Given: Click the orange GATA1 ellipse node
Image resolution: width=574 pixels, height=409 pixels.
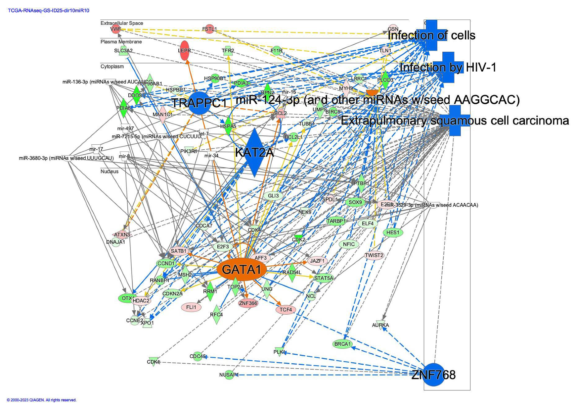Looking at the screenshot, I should (241, 270).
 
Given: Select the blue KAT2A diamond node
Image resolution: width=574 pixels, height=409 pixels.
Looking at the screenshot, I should (254, 152).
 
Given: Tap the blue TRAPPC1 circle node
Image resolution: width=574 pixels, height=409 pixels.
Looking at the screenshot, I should (199, 103).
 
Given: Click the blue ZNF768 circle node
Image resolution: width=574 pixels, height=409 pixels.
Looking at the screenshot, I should (434, 375).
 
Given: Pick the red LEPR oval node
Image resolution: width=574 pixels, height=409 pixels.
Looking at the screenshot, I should (184, 51).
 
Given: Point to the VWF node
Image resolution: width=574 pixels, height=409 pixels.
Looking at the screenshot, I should (115, 29).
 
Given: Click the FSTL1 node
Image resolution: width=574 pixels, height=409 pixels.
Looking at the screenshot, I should (209, 29).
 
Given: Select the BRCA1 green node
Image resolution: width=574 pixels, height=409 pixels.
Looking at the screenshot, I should (342, 344).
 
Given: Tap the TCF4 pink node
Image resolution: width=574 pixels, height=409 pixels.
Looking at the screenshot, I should (286, 310).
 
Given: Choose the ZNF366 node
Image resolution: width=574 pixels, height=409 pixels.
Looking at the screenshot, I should (248, 303).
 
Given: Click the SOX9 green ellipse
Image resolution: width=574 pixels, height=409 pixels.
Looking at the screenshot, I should (355, 202).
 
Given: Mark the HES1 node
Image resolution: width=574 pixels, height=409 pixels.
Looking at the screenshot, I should (393, 232).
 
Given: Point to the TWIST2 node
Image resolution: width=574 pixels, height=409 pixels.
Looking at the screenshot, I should (374, 255).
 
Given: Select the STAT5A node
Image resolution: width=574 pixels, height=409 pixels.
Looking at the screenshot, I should (324, 278).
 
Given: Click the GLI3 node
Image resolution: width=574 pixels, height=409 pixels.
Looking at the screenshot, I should (273, 196).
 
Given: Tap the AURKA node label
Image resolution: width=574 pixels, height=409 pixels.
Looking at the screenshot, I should (380, 325).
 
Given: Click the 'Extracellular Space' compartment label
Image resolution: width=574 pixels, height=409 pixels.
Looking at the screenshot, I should (122, 23).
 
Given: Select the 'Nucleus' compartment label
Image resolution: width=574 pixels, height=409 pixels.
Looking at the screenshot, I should (110, 172).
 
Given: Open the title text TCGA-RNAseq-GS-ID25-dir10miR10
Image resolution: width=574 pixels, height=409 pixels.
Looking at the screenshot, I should (48, 11).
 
